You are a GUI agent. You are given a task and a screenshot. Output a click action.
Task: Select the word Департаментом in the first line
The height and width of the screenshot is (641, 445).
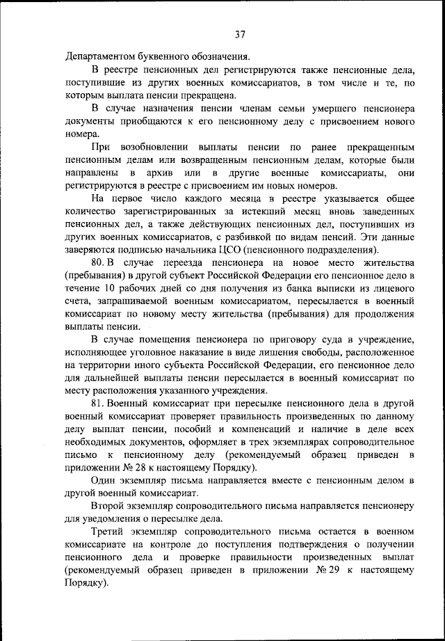coord(97,56)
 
